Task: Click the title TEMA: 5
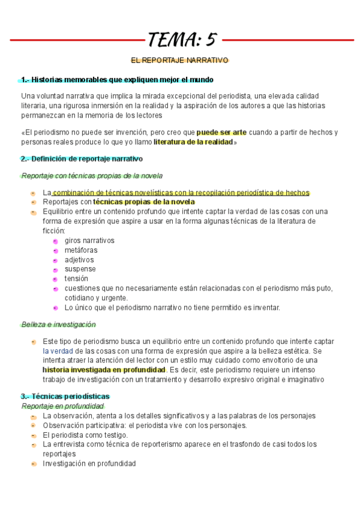coord(181,40)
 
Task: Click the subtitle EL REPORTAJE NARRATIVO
coord(180,61)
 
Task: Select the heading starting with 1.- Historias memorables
coord(117,80)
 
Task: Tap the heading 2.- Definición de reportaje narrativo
coord(82,159)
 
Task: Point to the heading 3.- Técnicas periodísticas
coord(65,397)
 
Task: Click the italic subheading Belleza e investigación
coord(58,324)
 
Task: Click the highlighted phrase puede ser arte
coord(221,132)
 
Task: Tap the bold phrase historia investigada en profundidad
coord(104,370)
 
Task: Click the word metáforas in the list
coord(81,250)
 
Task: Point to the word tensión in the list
coord(76,279)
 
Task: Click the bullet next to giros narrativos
coord(55,241)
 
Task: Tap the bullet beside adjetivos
coord(55,260)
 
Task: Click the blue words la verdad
coord(58,351)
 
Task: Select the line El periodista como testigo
coord(85,435)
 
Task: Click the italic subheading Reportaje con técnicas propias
coord(91,176)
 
